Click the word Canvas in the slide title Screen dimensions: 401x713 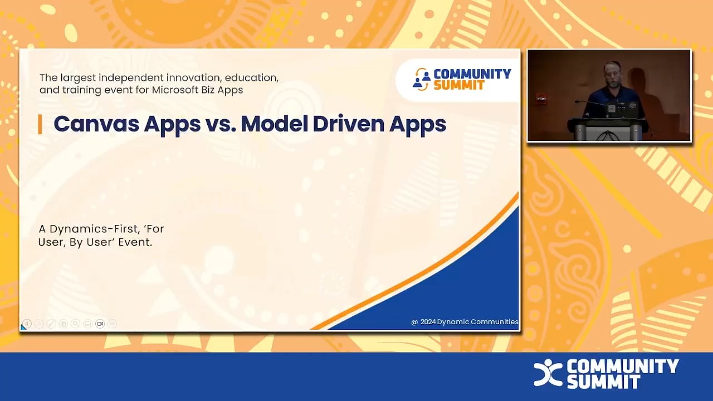[x=95, y=124]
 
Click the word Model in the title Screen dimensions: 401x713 [x=273, y=124]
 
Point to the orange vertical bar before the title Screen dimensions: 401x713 [x=40, y=124]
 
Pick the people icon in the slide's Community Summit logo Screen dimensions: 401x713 [x=421, y=80]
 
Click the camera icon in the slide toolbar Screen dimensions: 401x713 [x=100, y=324]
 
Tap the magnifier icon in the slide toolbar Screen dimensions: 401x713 [x=75, y=324]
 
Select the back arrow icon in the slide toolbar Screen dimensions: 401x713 [x=27, y=324]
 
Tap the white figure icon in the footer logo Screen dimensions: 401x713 [x=548, y=373]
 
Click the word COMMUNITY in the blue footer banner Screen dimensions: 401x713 [x=623, y=366]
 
